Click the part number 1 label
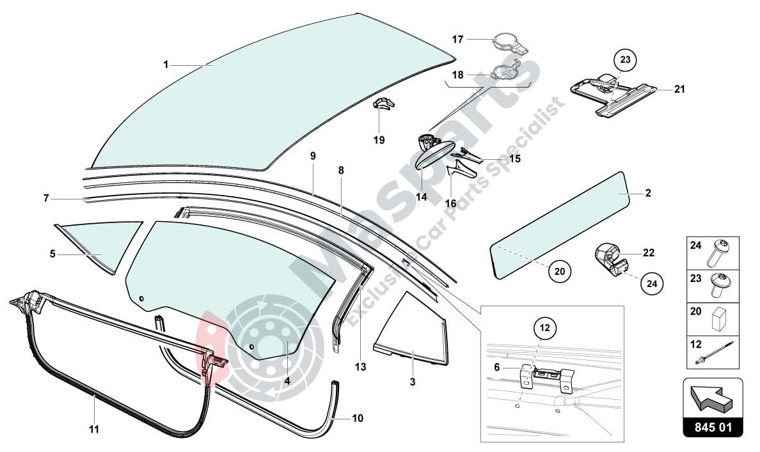coord(165,65)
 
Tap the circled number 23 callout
coord(625,60)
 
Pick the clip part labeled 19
coord(383,104)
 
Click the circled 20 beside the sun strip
coord(560,271)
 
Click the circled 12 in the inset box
coord(544,329)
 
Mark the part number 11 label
coord(94,429)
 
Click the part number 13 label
coord(360,367)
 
